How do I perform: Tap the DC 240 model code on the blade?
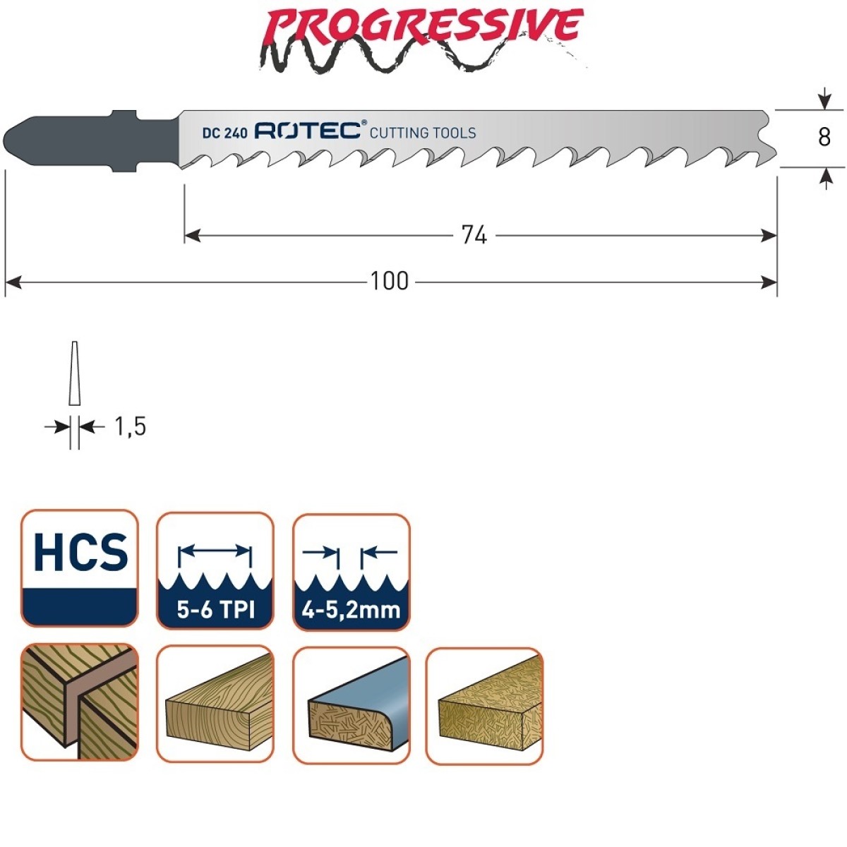pyautogui.click(x=225, y=133)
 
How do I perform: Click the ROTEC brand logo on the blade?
pyautogui.click(x=308, y=131)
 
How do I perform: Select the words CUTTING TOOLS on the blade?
pyautogui.click(x=423, y=133)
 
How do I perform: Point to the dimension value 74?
pyautogui.click(x=474, y=236)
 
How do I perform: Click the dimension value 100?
pyautogui.click(x=390, y=282)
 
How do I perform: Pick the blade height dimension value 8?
pyautogui.click(x=824, y=138)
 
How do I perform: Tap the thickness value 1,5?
pyautogui.click(x=130, y=427)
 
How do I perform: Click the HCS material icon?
pyautogui.click(x=80, y=568)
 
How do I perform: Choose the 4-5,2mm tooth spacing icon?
pyautogui.click(x=352, y=572)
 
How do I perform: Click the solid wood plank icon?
pyautogui.click(x=215, y=704)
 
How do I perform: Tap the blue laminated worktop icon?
pyautogui.click(x=352, y=706)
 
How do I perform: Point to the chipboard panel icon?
pyautogui.click(x=485, y=706)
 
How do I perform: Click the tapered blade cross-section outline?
pyautogui.click(x=75, y=373)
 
